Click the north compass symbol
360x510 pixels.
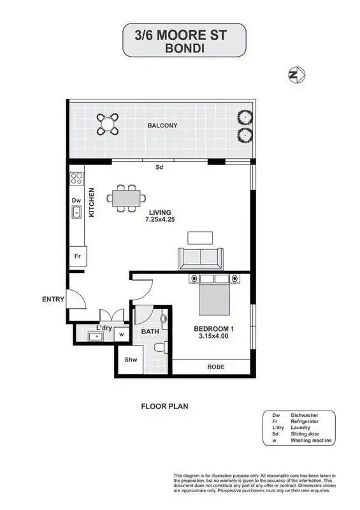pos(296,75)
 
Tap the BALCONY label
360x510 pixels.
pos(162,125)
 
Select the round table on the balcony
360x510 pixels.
pos(107,124)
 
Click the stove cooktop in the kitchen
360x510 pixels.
pos(76,178)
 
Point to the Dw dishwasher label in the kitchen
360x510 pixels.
pos(76,200)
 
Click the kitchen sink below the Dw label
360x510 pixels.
pos(76,212)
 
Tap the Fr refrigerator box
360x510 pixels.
pos(78,256)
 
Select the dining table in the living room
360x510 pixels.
pos(126,198)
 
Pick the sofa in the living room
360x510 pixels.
pos(201,259)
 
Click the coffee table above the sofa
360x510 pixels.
pos(200,238)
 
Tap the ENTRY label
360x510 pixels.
pos(53,299)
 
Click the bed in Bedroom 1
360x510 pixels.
pos(215,295)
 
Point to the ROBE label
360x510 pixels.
pos(216,367)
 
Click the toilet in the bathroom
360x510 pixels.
pos(161,347)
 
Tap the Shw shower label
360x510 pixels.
pos(131,360)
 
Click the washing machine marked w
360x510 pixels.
pos(122,334)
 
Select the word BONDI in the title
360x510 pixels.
pos(184,48)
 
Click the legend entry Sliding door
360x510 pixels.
pos(305,434)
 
